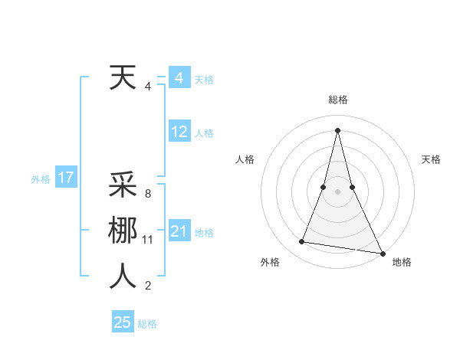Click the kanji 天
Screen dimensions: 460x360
click(123, 77)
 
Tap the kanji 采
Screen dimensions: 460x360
click(123, 185)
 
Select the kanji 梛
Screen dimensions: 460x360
click(123, 231)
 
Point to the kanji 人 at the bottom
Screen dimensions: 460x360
click(123, 277)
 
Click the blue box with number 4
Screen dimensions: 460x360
click(179, 78)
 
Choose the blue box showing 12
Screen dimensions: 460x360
click(179, 132)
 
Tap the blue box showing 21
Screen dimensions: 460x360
click(179, 231)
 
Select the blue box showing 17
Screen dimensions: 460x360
click(65, 178)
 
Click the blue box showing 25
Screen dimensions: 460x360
click(123, 322)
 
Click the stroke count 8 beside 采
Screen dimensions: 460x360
click(147, 194)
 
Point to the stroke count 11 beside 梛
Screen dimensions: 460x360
click(148, 240)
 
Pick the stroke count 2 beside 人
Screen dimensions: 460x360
click(147, 286)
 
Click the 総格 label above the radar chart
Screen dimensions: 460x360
click(337, 100)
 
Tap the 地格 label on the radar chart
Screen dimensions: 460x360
click(402, 262)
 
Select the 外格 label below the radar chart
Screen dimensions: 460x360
click(270, 262)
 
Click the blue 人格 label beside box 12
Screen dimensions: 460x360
click(204, 133)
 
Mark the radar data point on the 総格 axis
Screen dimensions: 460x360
click(337, 129)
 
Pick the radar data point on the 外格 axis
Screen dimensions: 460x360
click(302, 242)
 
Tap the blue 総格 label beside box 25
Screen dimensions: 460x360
click(147, 324)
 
